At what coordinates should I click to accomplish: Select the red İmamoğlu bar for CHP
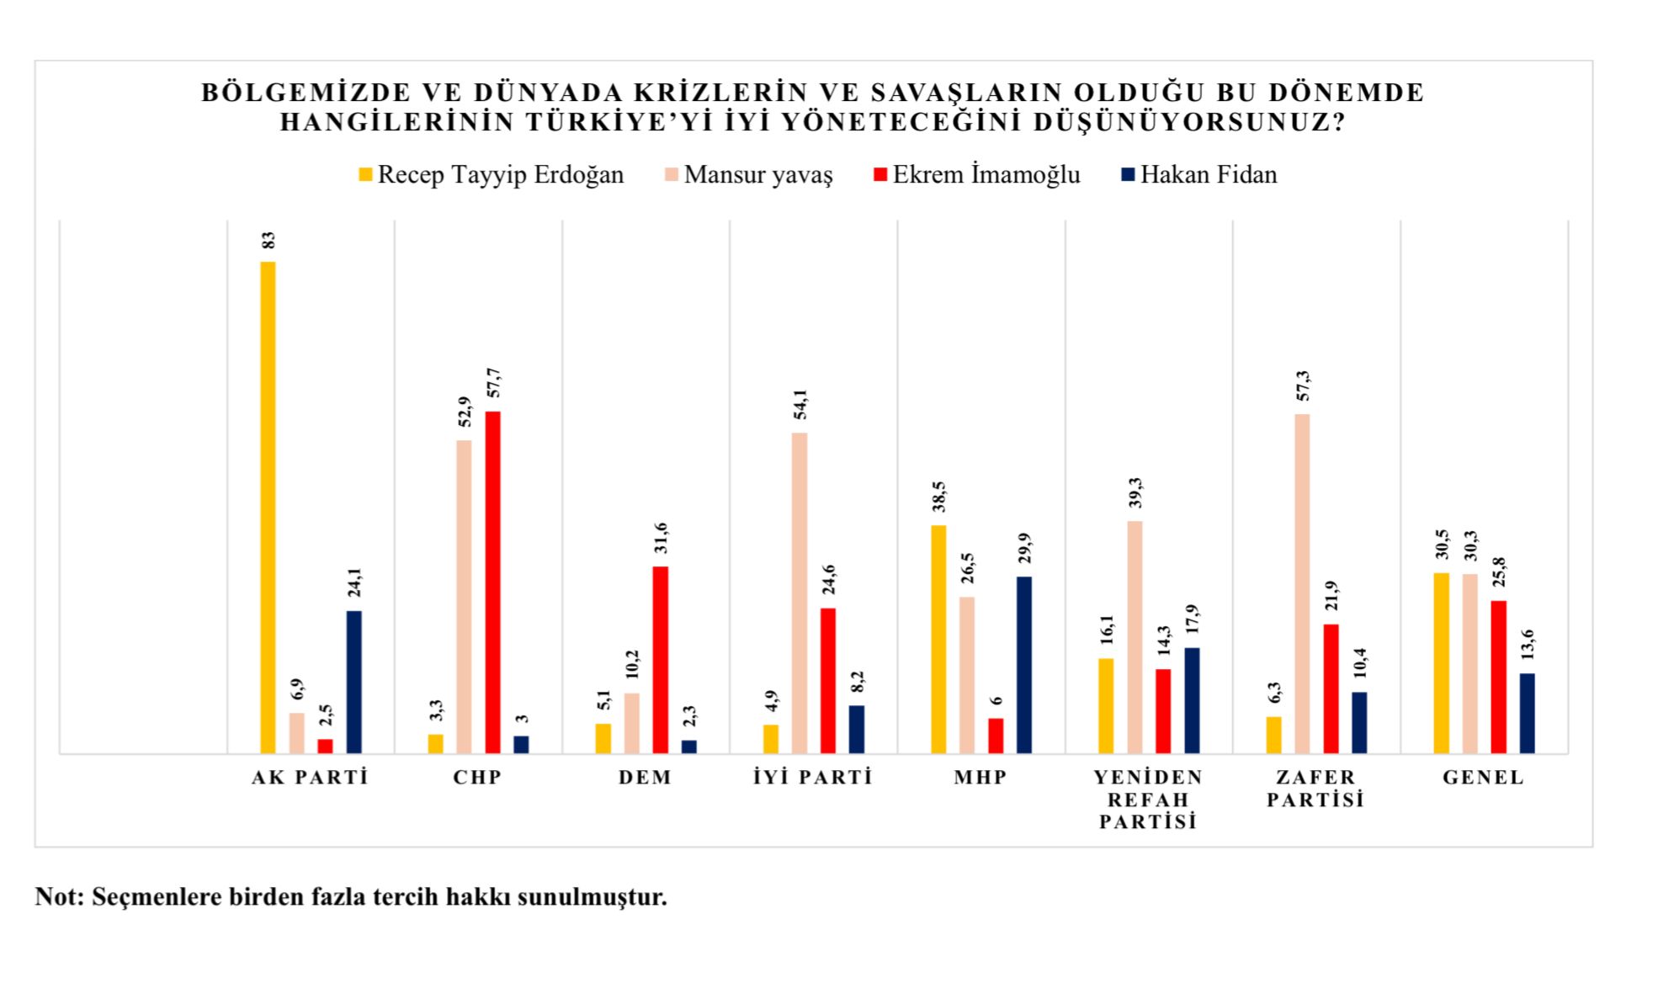point(492,582)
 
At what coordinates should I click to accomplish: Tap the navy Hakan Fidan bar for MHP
point(1023,664)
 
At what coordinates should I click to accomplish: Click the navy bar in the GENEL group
point(1527,713)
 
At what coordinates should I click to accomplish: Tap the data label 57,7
point(493,383)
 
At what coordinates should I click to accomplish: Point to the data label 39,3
point(1135,492)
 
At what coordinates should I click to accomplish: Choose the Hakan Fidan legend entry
point(1208,175)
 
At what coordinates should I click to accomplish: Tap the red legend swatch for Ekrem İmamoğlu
point(881,175)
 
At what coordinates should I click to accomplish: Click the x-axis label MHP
point(980,778)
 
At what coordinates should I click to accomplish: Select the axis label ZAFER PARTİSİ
point(1315,789)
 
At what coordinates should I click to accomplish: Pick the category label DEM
point(646,778)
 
